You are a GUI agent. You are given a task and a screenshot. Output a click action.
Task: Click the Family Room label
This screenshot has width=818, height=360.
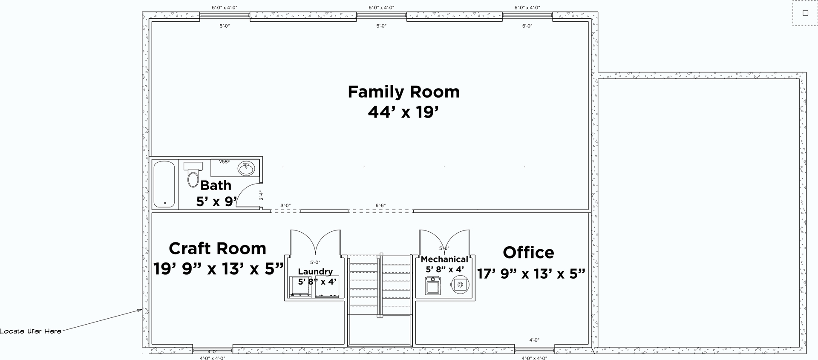click(403, 92)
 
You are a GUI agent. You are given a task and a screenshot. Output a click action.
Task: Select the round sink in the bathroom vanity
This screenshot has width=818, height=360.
click(246, 169)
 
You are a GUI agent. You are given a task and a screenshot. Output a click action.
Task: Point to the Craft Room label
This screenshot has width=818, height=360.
click(217, 248)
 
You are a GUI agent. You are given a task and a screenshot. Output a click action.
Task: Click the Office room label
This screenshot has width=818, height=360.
click(528, 253)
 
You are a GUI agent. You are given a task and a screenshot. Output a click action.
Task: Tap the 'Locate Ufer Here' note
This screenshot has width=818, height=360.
click(31, 331)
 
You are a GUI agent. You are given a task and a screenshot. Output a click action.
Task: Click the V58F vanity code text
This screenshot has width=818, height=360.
click(224, 162)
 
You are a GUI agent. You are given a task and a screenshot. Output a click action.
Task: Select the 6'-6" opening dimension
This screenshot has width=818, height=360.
click(380, 205)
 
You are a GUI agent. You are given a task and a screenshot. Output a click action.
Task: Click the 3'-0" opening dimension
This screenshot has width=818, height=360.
click(285, 205)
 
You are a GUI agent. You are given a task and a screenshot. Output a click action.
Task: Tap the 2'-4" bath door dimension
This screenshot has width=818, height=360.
click(261, 195)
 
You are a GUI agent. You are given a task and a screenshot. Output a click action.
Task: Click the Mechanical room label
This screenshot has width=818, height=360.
click(444, 259)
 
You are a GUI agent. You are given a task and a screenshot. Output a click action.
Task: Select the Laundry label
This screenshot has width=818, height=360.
click(315, 271)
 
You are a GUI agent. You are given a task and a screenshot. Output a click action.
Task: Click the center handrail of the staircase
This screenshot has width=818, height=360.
click(380, 285)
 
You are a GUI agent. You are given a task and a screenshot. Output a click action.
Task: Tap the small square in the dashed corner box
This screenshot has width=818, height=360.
click(805, 13)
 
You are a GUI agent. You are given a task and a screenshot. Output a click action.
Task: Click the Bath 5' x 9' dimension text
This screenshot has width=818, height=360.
click(216, 202)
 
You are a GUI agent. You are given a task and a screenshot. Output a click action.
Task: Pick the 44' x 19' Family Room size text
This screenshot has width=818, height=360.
click(403, 112)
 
